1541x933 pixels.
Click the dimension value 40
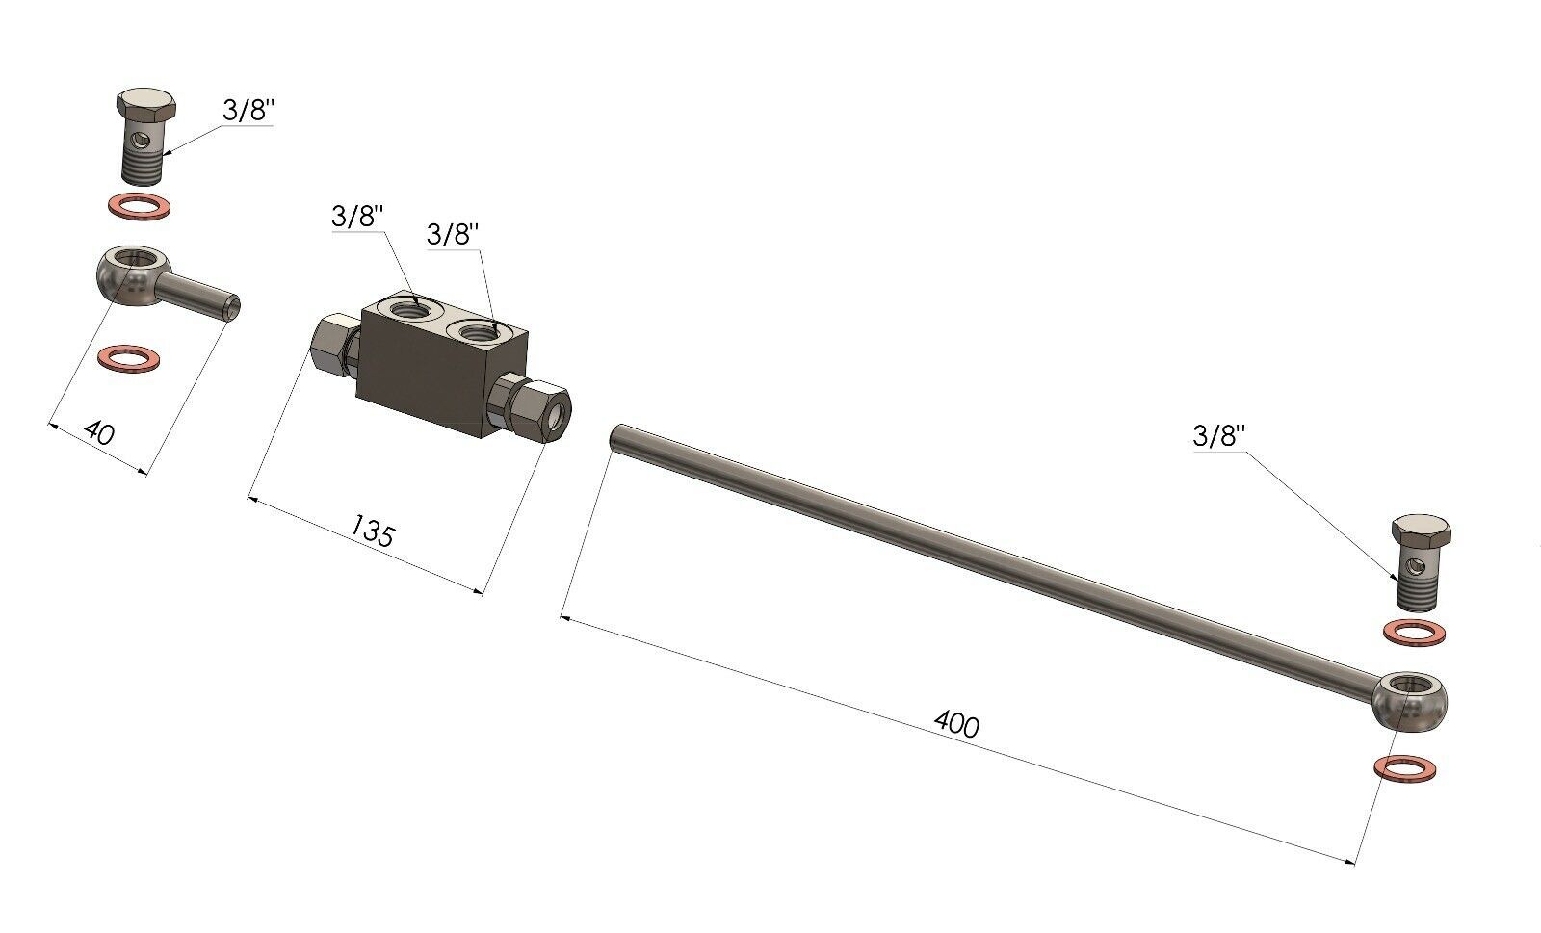tap(99, 433)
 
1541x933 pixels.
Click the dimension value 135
tap(373, 531)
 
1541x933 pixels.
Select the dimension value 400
tap(956, 724)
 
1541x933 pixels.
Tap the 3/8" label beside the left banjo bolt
tap(248, 110)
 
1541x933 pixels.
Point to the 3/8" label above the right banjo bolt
tap(1219, 436)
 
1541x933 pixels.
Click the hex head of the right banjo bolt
tap(1422, 531)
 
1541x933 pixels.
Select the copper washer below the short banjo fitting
tap(130, 358)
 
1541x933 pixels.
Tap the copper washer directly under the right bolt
tap(1414, 633)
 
